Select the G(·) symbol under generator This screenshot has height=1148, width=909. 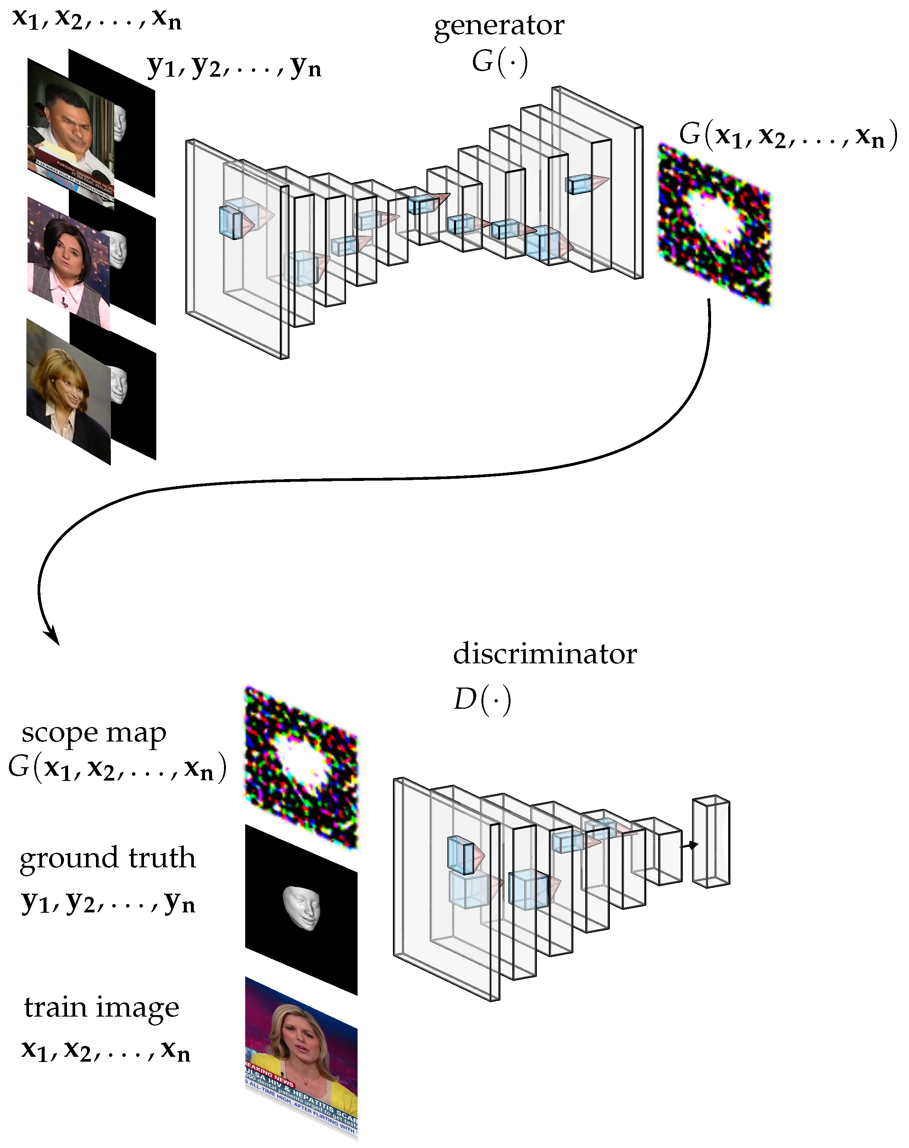point(499,62)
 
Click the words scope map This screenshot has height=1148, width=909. point(94,733)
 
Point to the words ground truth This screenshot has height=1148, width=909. point(107,859)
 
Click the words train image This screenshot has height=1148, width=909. point(101,1007)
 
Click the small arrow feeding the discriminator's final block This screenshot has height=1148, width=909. point(690,845)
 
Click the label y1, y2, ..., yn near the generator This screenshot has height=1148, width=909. point(234,67)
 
